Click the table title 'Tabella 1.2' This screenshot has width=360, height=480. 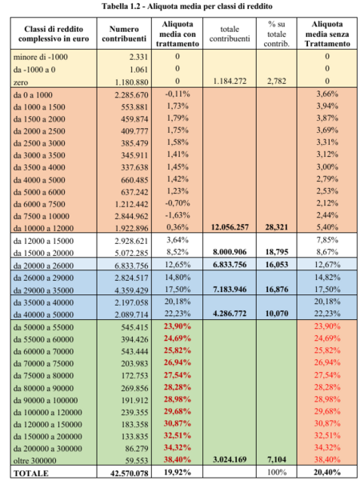click(x=122, y=6)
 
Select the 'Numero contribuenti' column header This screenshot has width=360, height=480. click(x=124, y=34)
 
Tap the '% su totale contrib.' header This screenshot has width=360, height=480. click(x=277, y=34)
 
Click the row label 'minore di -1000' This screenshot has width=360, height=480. click(x=41, y=57)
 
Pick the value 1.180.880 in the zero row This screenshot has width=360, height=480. click(x=131, y=82)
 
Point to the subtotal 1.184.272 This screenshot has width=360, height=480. click(x=230, y=81)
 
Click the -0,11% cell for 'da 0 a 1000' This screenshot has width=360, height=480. click(x=178, y=94)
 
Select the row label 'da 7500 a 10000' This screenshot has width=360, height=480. click(x=42, y=216)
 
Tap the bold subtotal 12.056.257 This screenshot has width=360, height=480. click(x=230, y=227)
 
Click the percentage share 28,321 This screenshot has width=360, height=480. click(x=277, y=227)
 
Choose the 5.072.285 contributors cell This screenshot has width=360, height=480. click(x=131, y=253)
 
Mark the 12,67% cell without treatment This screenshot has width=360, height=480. click(x=327, y=265)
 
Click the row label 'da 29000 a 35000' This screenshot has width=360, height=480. click(x=43, y=290)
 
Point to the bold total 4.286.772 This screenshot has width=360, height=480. click(x=230, y=314)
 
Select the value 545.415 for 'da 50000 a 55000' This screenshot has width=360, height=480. click(x=134, y=327)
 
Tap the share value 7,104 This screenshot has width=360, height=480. click(x=277, y=459)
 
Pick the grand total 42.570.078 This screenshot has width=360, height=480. click(x=130, y=473)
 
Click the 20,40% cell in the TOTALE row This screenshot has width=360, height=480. click(x=327, y=472)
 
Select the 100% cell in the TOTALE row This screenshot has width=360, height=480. click(x=277, y=472)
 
